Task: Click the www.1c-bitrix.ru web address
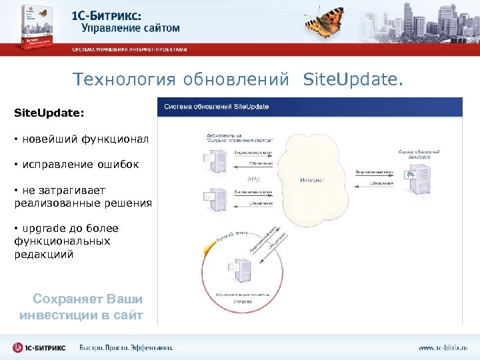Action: click(x=443, y=347)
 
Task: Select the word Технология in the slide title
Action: click(x=115, y=80)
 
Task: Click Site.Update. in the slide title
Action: click(x=353, y=80)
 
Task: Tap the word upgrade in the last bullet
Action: click(x=44, y=229)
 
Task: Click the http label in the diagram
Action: click(x=253, y=179)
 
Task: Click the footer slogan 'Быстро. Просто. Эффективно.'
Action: click(x=126, y=347)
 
